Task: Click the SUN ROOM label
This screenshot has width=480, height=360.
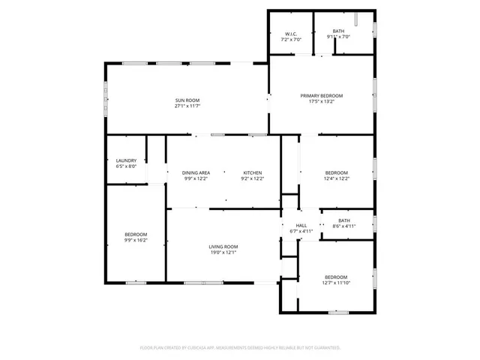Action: tap(187, 100)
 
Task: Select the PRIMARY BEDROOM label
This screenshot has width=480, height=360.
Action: tap(322, 95)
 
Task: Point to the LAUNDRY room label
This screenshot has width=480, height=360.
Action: tap(125, 160)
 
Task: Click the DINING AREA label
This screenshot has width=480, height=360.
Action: tap(196, 172)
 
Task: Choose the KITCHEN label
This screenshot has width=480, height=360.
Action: tap(251, 172)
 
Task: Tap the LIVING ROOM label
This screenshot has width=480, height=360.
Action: tap(223, 247)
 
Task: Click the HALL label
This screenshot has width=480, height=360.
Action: tap(301, 225)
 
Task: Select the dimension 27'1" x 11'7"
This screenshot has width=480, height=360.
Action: tap(187, 106)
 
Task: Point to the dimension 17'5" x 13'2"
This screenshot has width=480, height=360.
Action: tap(322, 101)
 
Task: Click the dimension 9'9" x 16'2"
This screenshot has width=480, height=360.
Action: tap(136, 240)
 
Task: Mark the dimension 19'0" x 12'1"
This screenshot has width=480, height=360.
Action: tap(223, 252)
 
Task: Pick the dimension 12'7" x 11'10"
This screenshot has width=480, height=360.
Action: tap(335, 282)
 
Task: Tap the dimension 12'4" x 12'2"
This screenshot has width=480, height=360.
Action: tap(336, 178)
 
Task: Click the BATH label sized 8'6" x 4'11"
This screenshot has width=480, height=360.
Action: tap(343, 220)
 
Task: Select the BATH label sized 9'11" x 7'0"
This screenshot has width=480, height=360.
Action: tap(339, 31)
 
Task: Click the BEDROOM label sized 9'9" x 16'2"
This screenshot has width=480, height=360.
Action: tap(136, 235)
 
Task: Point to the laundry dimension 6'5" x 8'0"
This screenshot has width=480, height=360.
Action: tap(125, 166)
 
